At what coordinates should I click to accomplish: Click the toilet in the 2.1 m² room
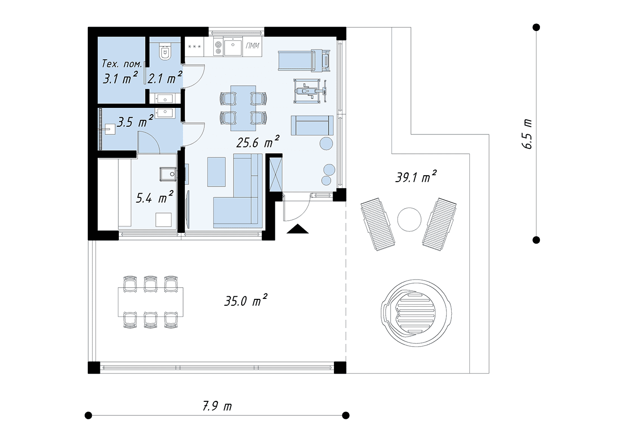[x=165, y=51]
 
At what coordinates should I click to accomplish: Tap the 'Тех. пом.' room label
[x=122, y=64]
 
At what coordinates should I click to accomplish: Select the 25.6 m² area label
[x=258, y=142]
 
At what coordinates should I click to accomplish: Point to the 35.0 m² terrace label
[x=246, y=300]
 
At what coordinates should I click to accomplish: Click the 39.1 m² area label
[x=416, y=176]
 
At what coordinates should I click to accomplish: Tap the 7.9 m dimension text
[x=217, y=406]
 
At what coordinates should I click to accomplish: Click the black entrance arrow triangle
[x=297, y=229]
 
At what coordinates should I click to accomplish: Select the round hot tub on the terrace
[x=417, y=313]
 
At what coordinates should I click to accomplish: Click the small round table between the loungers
[x=409, y=219]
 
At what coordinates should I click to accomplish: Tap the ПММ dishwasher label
[x=252, y=45]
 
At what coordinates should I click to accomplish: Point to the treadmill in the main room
[x=304, y=60]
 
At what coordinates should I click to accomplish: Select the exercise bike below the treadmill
[x=310, y=91]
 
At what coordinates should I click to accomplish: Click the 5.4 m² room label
[x=154, y=197]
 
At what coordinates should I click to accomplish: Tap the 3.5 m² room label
[x=135, y=121]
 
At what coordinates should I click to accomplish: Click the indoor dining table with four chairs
[x=243, y=108]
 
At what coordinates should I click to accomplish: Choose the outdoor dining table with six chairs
[x=150, y=302]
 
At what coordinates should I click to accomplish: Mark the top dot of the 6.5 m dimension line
[x=536, y=27]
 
